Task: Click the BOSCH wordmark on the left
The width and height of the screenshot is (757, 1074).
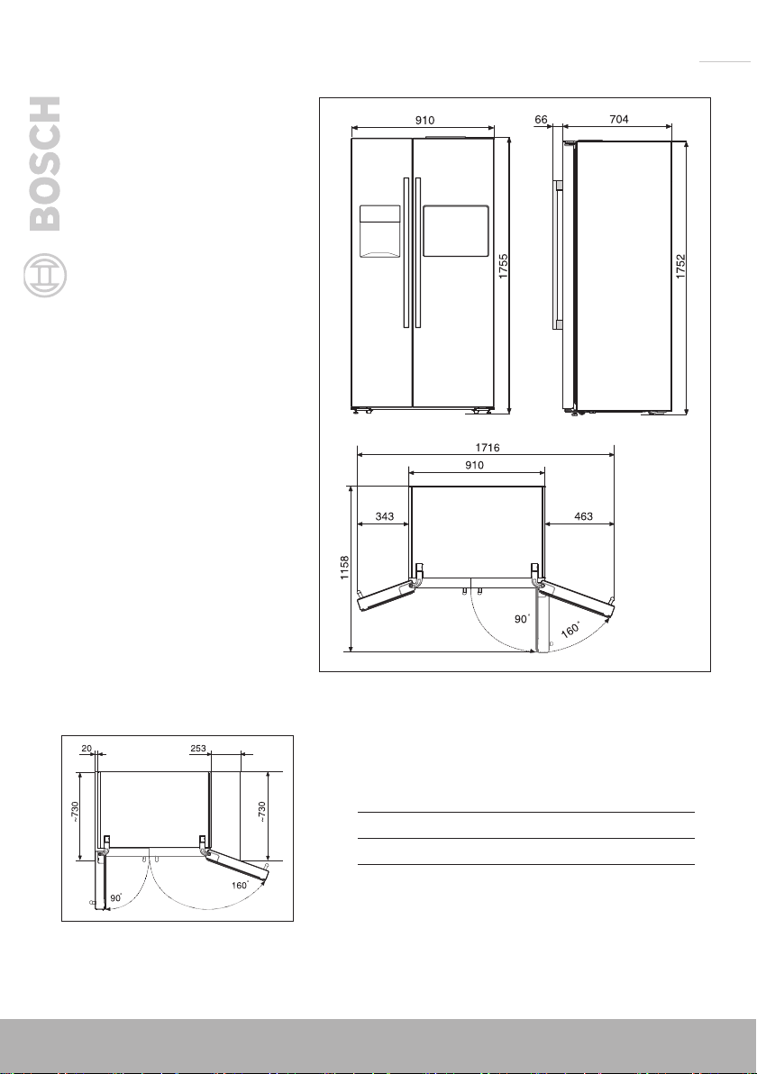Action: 45,164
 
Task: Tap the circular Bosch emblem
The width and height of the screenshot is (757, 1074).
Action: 45,276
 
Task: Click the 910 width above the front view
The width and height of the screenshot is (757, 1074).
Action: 424,120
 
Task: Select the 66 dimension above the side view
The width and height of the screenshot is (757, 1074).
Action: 542,119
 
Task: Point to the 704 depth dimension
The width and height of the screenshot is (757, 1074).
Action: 618,119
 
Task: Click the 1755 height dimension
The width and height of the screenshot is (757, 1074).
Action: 504,267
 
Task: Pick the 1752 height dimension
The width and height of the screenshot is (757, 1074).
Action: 680,267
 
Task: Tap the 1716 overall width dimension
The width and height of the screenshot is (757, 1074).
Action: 487,447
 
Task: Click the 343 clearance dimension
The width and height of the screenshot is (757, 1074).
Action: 384,515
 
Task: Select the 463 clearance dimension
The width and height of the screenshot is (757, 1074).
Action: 583,515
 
